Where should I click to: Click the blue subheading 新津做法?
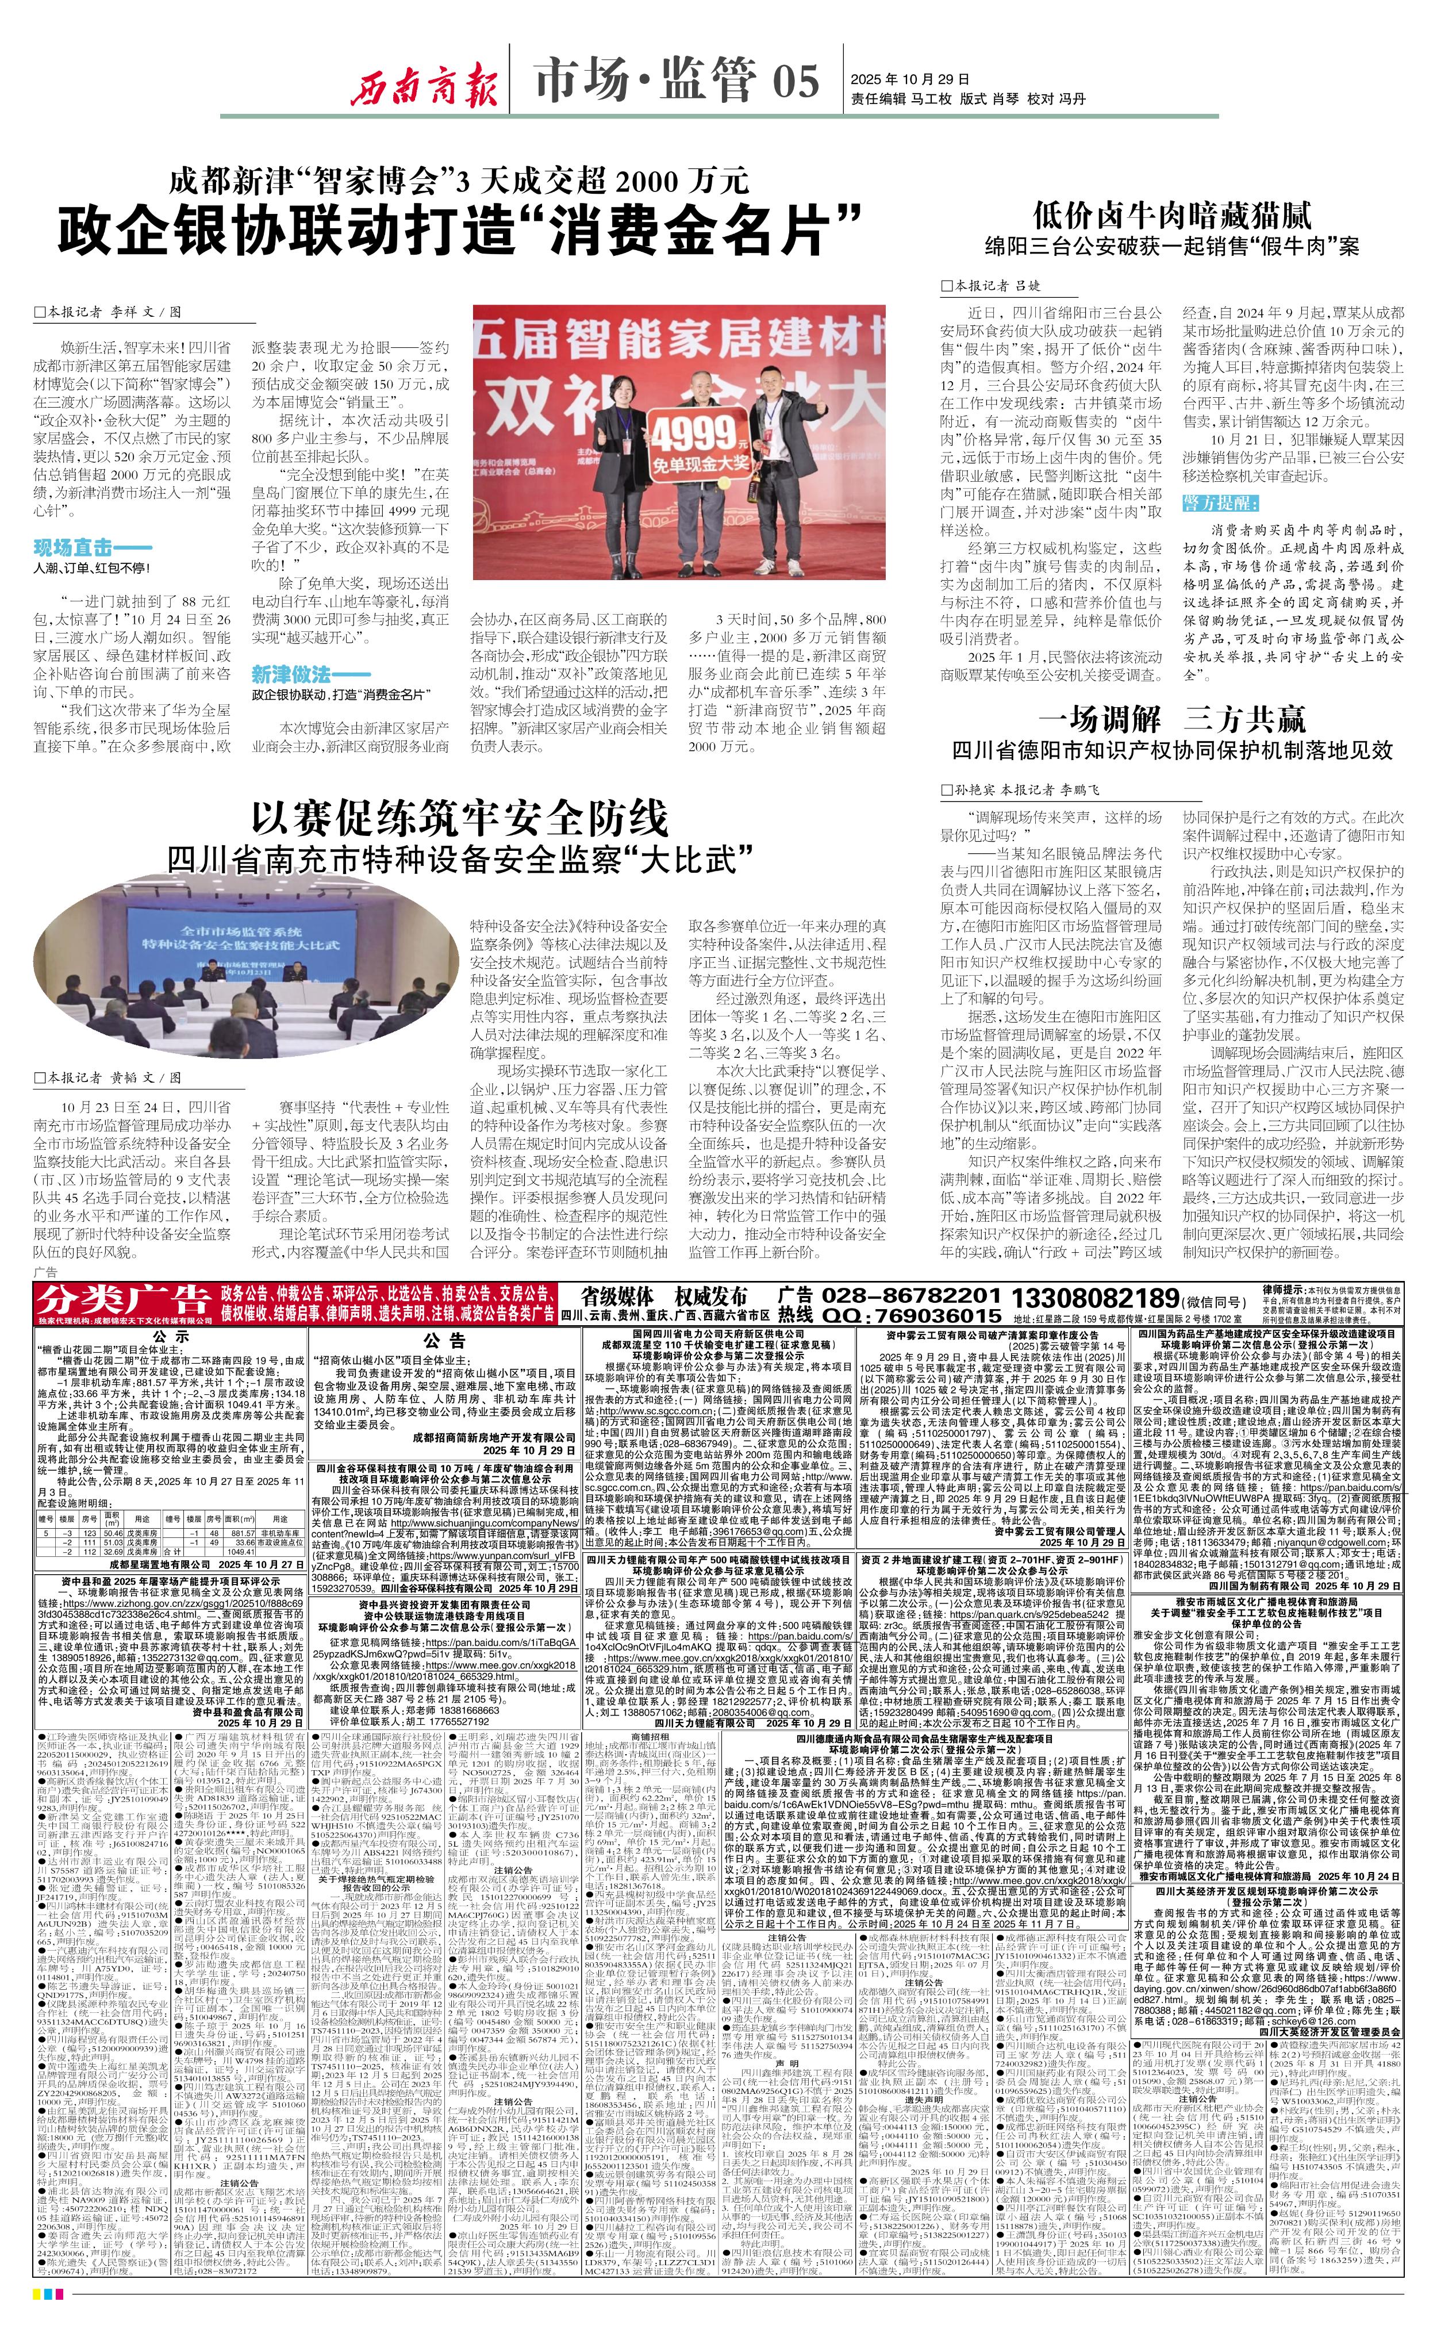coord(290,674)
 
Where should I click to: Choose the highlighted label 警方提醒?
coord(1220,502)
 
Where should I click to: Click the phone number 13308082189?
coord(1094,1299)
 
